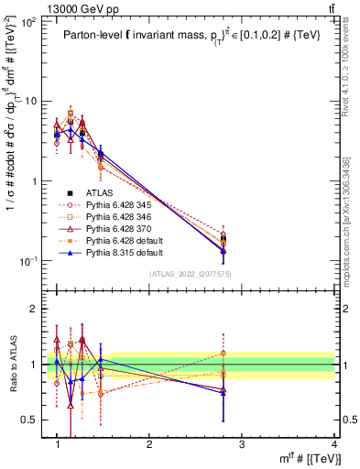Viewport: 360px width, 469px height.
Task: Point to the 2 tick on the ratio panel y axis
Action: point(38,309)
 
